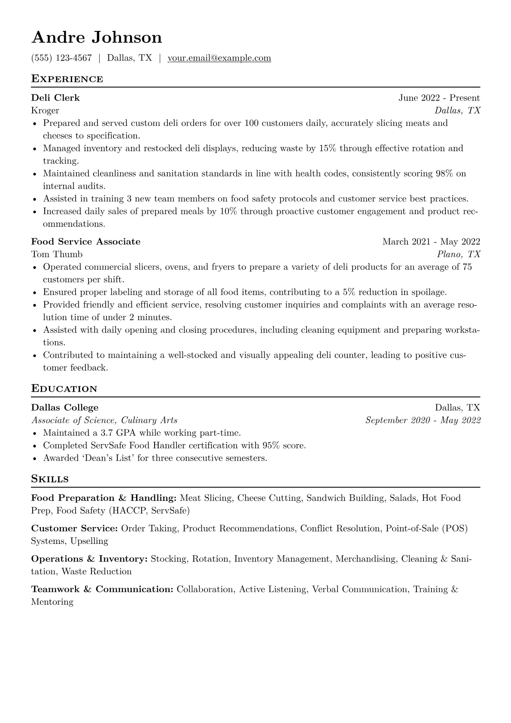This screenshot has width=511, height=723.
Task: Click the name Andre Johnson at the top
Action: tap(97, 38)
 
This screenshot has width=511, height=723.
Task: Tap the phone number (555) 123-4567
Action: tap(61, 58)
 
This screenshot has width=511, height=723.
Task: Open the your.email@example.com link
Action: tap(219, 58)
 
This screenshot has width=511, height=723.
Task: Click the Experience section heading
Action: tap(67, 79)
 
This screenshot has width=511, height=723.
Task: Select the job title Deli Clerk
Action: tap(55, 98)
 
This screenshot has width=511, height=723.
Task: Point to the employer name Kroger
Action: tap(45, 111)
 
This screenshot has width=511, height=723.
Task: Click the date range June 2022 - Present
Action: tap(439, 98)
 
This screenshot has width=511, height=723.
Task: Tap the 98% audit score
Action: tap(444, 174)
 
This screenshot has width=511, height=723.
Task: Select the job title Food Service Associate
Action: tap(86, 242)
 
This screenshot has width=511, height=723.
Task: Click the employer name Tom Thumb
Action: tap(57, 254)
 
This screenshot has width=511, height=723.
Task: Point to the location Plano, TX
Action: tap(459, 254)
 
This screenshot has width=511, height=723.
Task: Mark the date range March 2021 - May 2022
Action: tap(431, 242)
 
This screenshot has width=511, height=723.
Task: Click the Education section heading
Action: tap(64, 389)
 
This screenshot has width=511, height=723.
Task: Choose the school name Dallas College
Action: tap(65, 408)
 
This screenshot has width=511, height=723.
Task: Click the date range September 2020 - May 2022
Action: tap(423, 421)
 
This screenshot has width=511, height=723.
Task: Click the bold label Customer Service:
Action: tap(74, 529)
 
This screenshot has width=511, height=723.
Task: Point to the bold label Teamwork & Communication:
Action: tap(102, 589)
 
